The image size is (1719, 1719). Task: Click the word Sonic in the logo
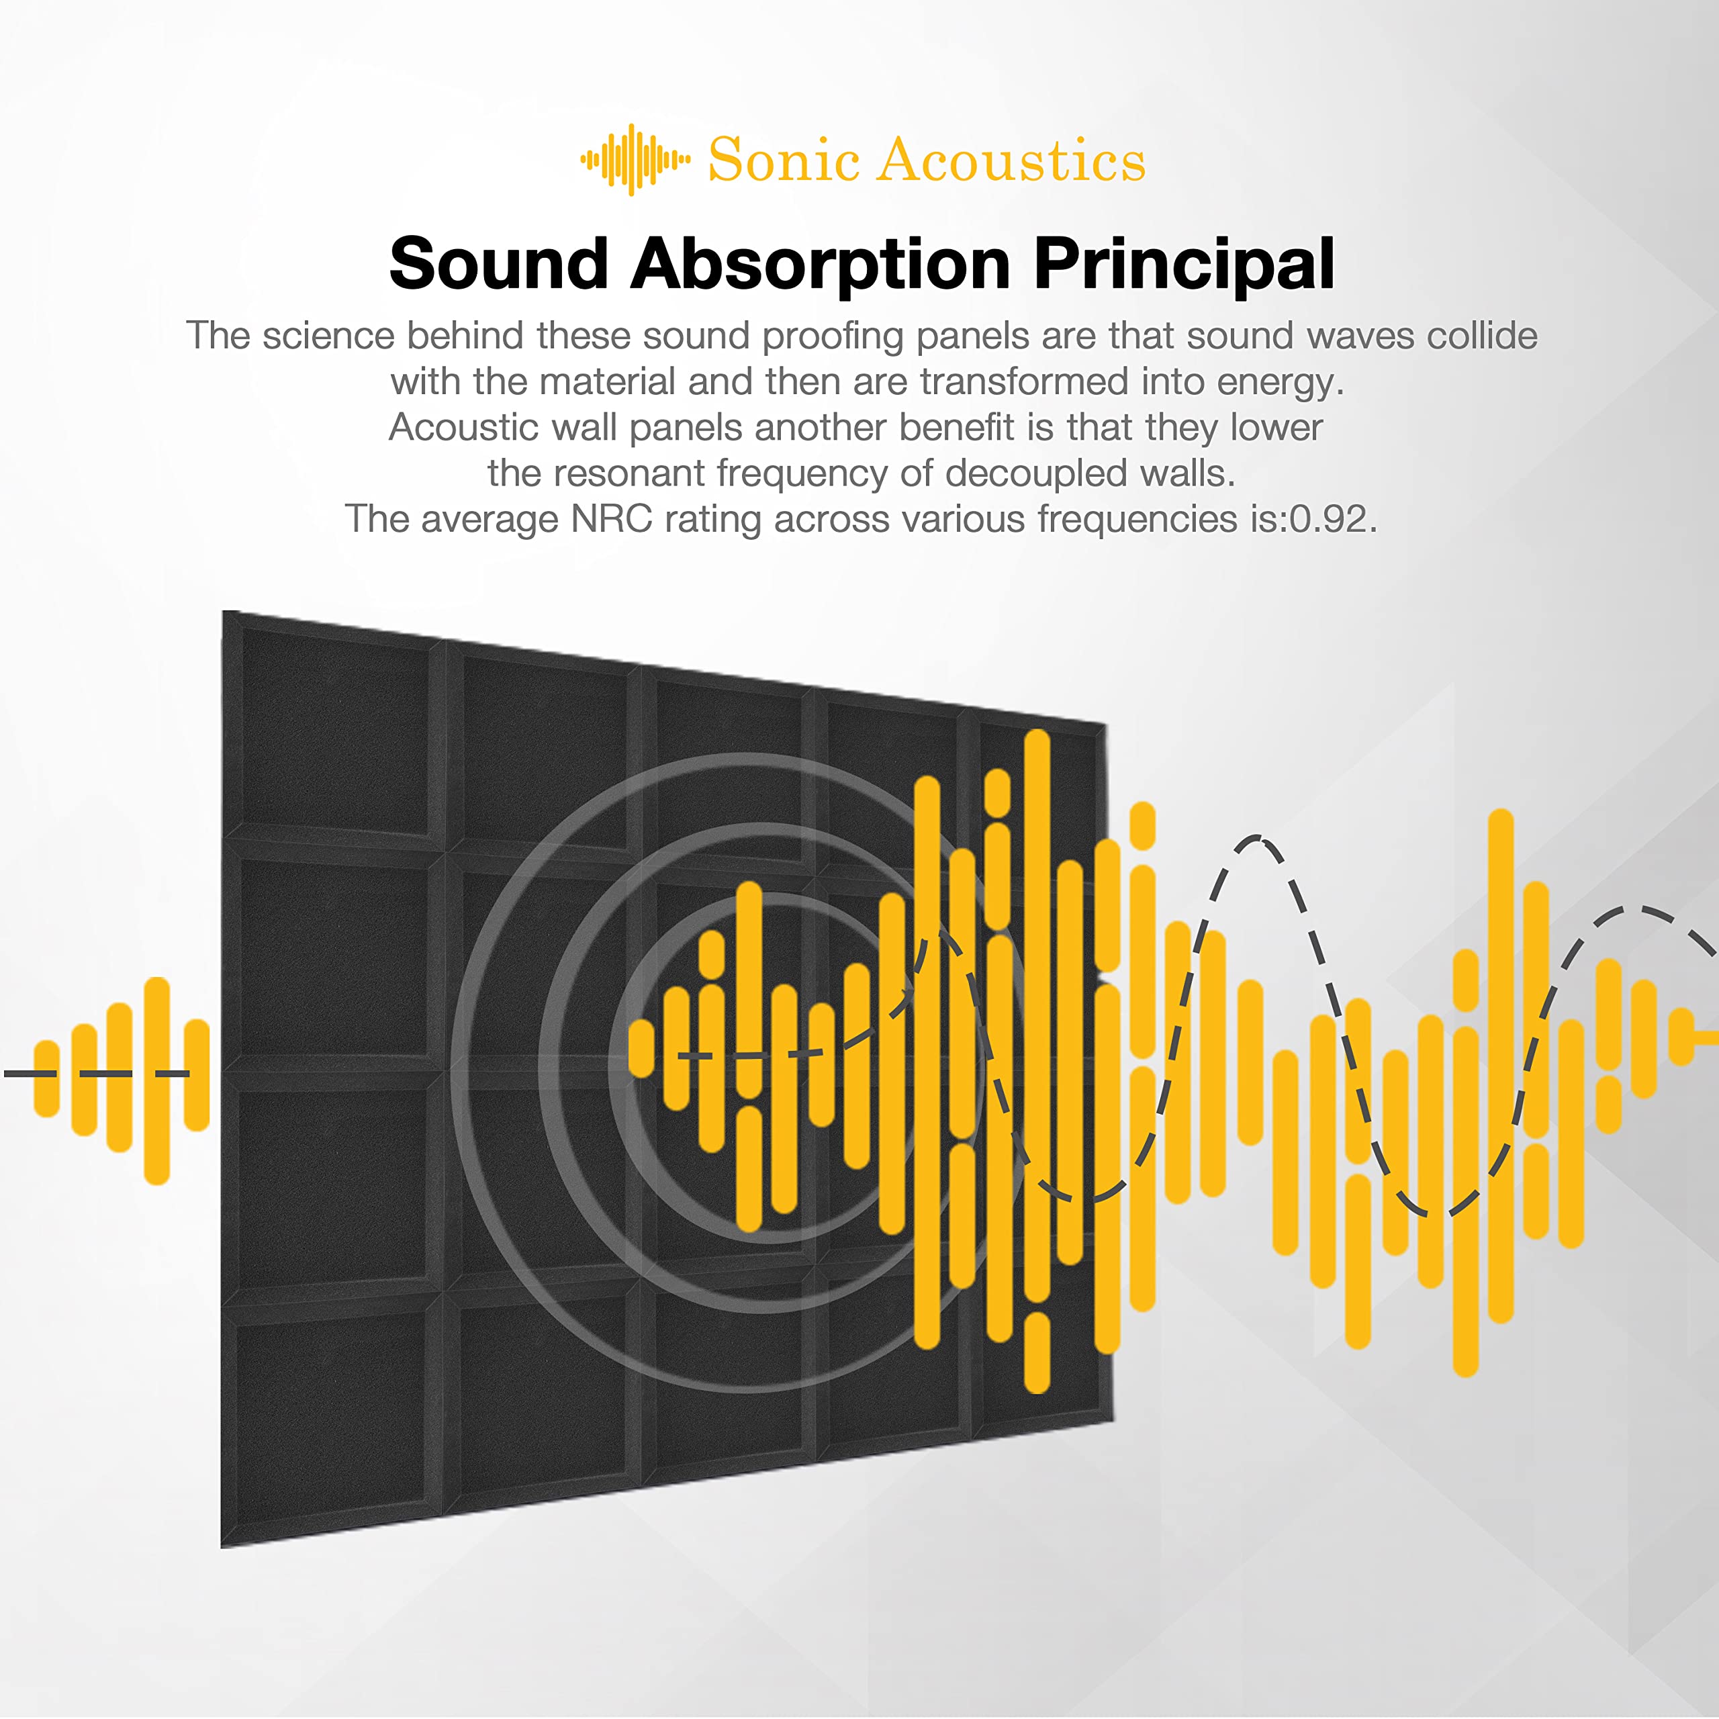click(783, 160)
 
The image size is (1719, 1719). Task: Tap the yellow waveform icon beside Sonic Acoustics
click(635, 160)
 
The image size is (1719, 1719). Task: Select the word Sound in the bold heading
click(498, 263)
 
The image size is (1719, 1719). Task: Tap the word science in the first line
click(328, 336)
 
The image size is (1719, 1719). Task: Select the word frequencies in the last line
click(1138, 520)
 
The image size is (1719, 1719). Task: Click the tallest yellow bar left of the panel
click(156, 1080)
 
